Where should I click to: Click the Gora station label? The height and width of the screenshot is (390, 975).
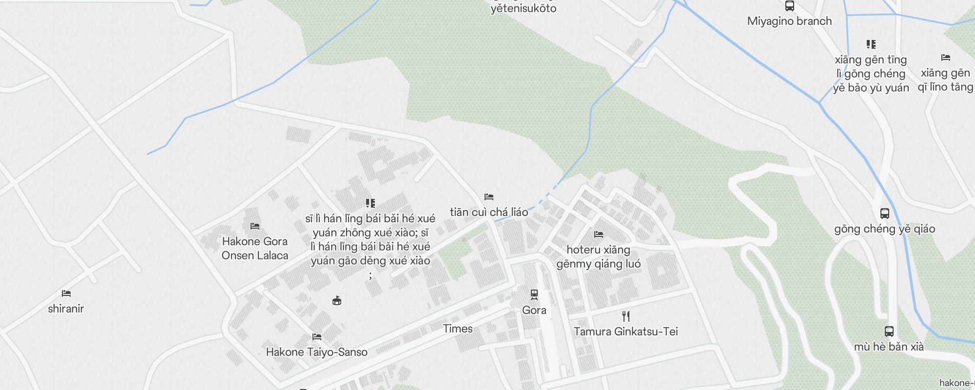tap(534, 310)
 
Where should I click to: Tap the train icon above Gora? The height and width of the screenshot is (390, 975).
tap(534, 294)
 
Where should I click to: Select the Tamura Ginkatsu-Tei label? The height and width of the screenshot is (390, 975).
tap(625, 331)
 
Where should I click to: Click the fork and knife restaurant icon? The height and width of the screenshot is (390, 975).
tap(626, 316)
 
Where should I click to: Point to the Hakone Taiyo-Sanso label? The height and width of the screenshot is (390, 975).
tap(316, 352)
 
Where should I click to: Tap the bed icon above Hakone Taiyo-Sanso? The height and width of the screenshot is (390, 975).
tap(317, 336)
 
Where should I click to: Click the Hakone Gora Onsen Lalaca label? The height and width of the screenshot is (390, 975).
tap(254, 248)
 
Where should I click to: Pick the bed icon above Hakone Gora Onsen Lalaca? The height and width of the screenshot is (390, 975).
tap(254, 226)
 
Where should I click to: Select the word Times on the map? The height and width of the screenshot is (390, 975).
tap(458, 329)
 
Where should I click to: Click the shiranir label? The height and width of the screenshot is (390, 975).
tap(66, 309)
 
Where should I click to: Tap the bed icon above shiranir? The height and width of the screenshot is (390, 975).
tap(66, 293)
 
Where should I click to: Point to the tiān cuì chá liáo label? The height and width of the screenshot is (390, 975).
tap(488, 212)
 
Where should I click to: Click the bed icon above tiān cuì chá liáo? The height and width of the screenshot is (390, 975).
tap(489, 197)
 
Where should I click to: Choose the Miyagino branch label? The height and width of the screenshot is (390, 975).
tap(789, 21)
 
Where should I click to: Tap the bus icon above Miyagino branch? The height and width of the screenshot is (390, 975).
tap(789, 6)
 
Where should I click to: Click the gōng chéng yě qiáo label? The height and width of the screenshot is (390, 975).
tap(884, 229)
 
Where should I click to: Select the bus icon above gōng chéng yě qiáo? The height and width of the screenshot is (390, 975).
tap(884, 214)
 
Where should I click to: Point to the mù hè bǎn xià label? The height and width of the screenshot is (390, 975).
tap(889, 347)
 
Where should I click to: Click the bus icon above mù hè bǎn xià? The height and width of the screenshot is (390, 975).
tap(889, 331)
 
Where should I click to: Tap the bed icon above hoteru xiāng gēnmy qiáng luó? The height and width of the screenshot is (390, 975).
tap(599, 234)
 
